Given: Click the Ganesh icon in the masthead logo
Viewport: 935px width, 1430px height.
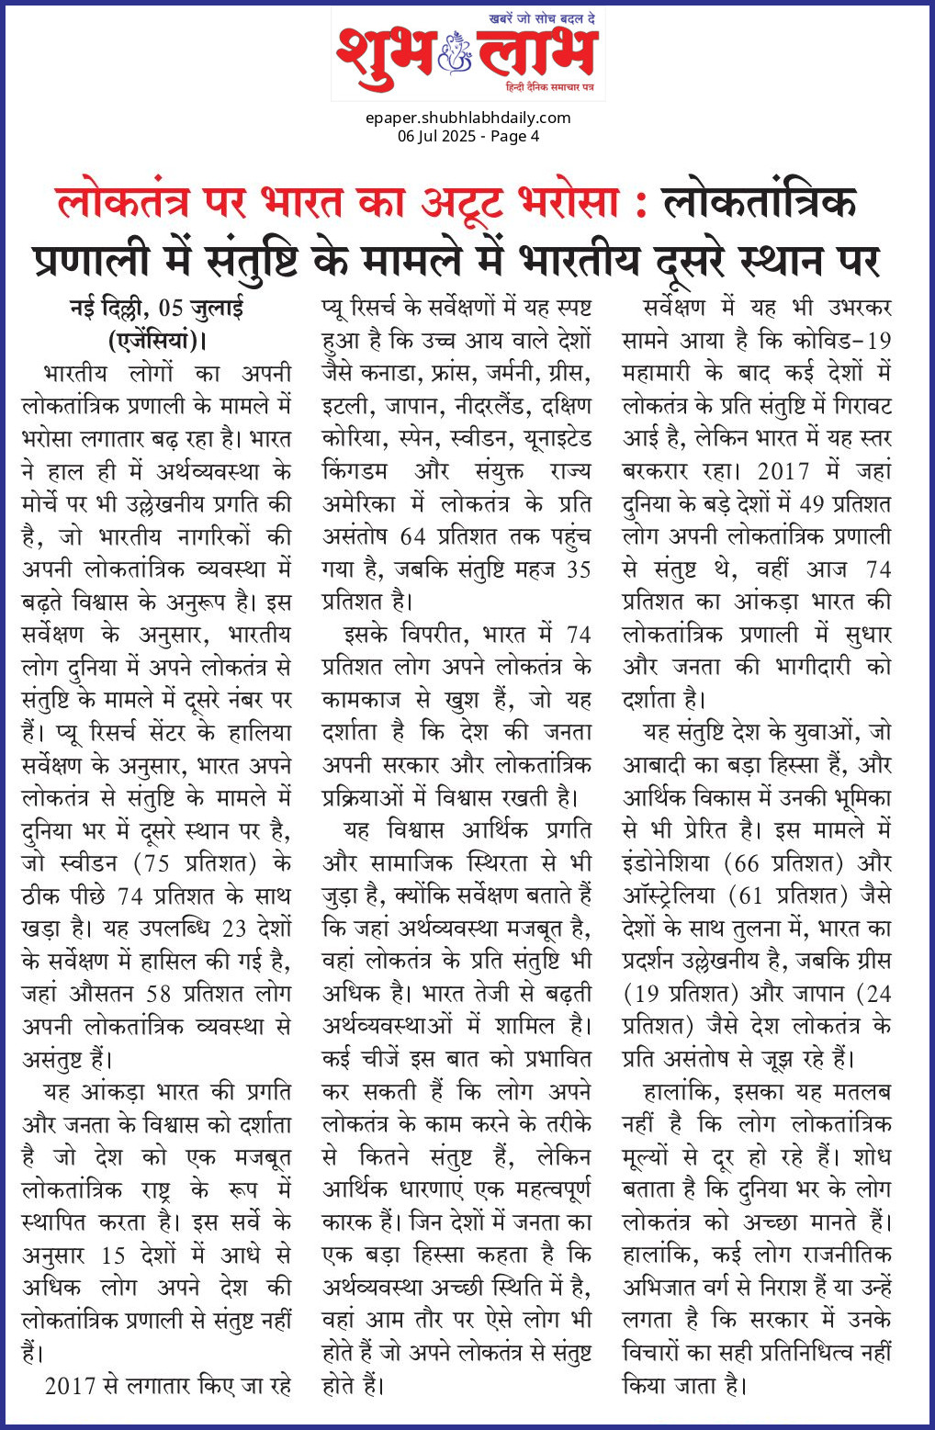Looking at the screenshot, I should (x=456, y=53).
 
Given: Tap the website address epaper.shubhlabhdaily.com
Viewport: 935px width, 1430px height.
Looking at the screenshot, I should (x=467, y=118).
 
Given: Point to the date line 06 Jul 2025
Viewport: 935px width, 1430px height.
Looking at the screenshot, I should (x=437, y=136).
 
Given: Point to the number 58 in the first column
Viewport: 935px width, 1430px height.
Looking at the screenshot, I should (x=159, y=994).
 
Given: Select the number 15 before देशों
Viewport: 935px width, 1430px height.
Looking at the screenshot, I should (x=114, y=1255).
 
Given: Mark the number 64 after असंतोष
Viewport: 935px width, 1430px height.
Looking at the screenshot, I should (x=413, y=536).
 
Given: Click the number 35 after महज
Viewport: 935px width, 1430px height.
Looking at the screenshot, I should (x=578, y=569).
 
